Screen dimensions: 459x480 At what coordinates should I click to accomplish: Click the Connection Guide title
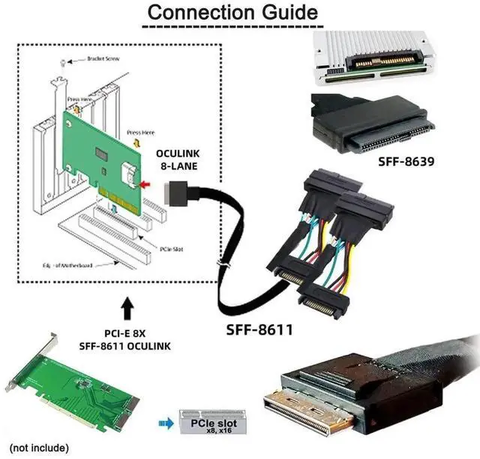click(x=230, y=13)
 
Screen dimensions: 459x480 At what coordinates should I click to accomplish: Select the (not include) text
click(x=38, y=448)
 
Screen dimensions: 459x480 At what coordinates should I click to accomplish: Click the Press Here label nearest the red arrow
click(x=140, y=132)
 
